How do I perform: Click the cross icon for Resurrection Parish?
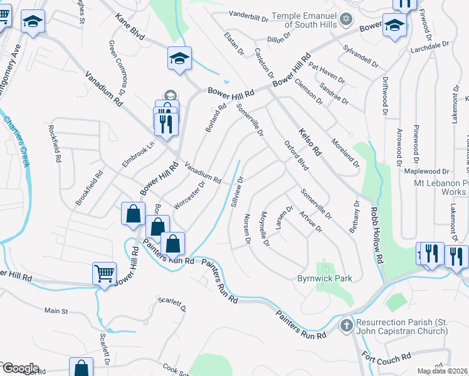pos(346,325)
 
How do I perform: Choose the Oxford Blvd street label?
pos(297,155)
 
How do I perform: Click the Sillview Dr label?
pos(236,192)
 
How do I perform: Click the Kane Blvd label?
pos(125,29)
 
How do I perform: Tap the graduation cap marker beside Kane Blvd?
pos(179,59)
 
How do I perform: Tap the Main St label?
pos(56,310)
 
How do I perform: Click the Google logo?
pos(19,368)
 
